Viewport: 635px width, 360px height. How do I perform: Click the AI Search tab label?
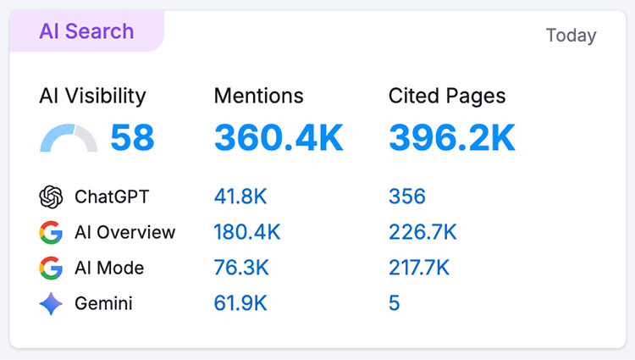86,31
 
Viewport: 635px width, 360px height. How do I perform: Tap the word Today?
571,36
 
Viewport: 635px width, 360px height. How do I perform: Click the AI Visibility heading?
92,97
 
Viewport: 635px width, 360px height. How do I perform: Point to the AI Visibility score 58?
132,138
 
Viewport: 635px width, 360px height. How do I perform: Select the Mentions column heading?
258,97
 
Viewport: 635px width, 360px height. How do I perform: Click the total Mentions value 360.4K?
279,138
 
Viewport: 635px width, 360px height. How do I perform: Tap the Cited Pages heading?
447,97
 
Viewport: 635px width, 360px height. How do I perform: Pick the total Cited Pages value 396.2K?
452,138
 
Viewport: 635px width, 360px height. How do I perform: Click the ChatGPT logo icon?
52,197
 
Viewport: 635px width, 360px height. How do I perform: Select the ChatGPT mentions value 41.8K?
240,197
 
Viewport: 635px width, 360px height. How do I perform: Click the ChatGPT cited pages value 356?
406,197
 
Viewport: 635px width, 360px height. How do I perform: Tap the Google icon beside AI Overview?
52,233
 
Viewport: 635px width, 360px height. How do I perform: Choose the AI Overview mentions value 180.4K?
247,233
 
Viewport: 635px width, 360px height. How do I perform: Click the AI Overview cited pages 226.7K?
422,233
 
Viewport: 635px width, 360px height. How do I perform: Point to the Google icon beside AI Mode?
52,269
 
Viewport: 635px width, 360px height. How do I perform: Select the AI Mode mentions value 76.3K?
241,269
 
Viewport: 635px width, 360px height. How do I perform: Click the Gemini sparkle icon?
52,304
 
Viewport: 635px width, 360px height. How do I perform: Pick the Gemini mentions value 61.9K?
240,304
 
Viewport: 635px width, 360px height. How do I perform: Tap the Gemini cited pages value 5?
394,304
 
